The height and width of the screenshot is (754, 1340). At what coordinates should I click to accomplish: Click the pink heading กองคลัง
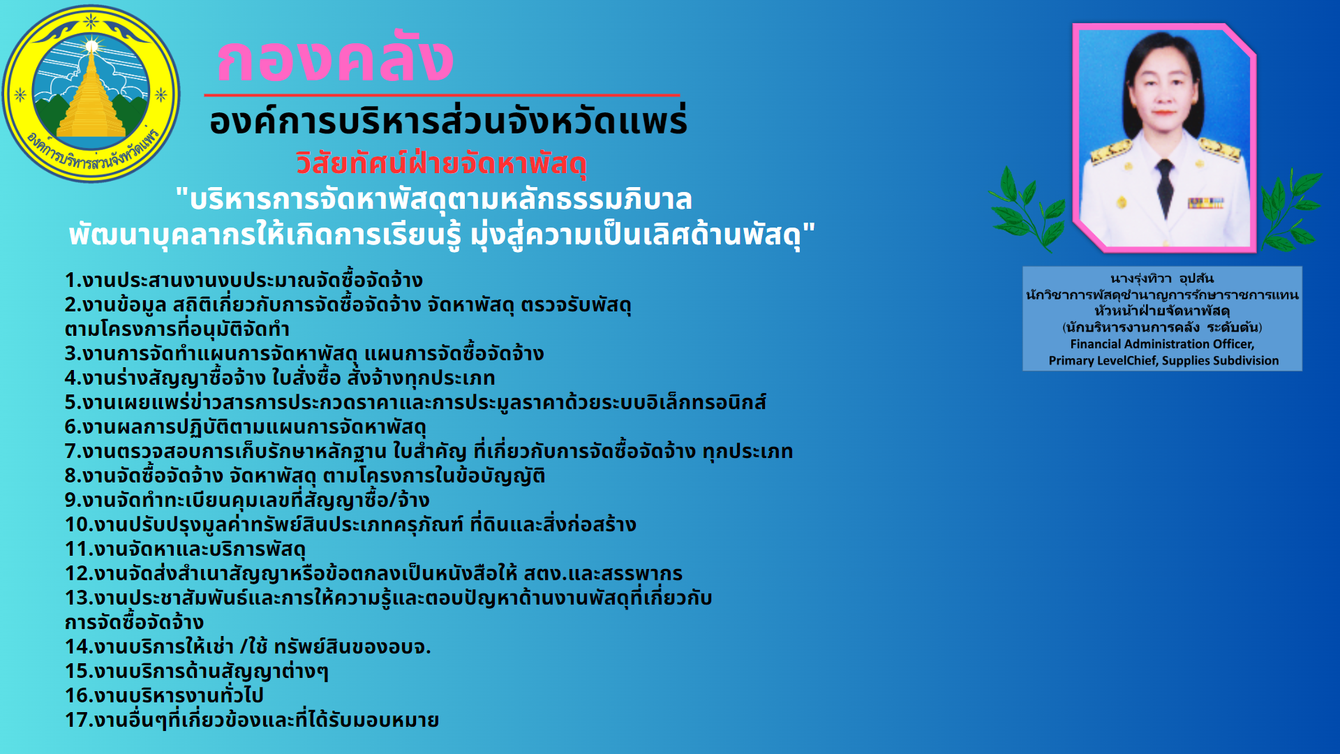click(335, 59)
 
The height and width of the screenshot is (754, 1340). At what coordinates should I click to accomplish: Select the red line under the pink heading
click(442, 94)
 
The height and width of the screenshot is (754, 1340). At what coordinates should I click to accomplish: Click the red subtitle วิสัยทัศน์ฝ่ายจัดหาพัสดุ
click(441, 163)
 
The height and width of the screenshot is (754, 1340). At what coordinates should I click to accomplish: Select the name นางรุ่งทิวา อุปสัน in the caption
click(1162, 279)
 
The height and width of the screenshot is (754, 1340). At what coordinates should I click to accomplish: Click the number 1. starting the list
click(73, 281)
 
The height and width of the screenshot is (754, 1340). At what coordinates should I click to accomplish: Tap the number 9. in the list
click(73, 501)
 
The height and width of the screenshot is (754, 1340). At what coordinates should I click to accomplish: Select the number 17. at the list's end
click(79, 720)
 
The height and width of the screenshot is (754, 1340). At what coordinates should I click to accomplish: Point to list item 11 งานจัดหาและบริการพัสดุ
click(185, 549)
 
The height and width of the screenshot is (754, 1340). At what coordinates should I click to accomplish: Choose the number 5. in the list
click(73, 403)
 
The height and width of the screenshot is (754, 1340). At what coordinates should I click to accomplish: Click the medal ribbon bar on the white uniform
click(1205, 203)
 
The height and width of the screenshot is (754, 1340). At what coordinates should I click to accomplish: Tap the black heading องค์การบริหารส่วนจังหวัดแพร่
click(448, 121)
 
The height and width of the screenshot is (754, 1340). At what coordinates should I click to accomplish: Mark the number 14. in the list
click(79, 647)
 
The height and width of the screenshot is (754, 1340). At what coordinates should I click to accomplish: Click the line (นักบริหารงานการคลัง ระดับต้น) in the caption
click(1162, 327)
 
